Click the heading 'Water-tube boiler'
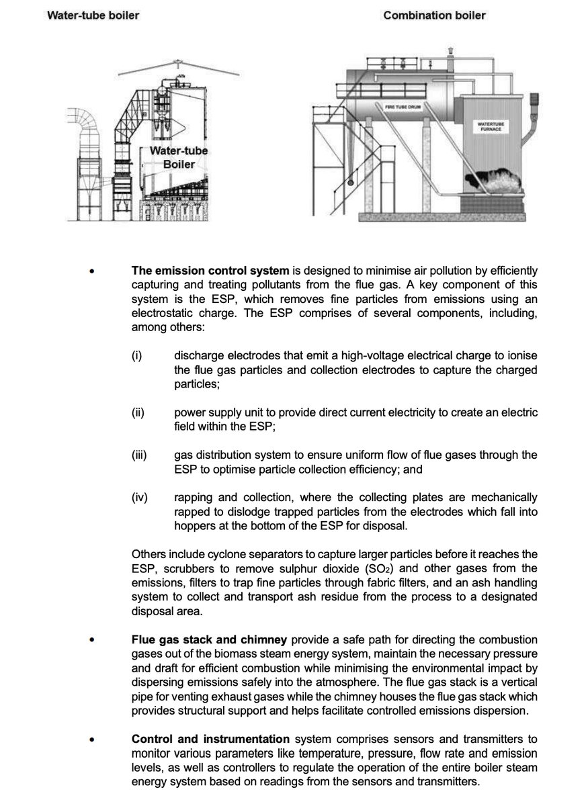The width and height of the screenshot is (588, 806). pos(93,15)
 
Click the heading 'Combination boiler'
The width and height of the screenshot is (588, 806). pos(434,15)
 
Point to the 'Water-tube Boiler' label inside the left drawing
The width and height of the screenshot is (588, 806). pos(178,157)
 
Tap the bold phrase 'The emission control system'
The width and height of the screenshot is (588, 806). pos(210,271)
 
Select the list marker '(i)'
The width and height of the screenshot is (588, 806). pos(137,355)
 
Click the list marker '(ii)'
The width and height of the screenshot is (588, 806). pos(138,412)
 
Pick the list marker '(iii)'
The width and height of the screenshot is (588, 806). pos(140,455)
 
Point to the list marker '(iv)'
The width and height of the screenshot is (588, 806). pos(140,498)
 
